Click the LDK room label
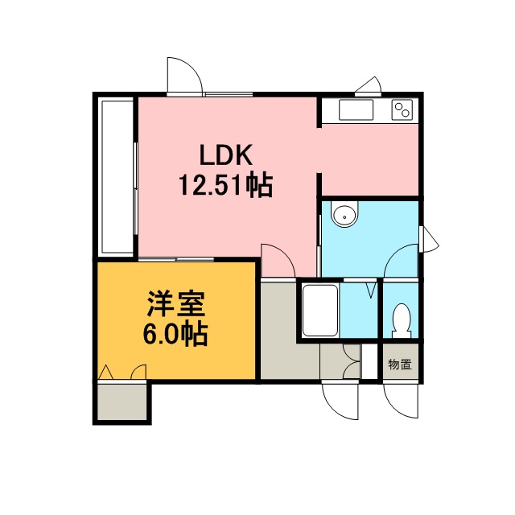(x=226, y=154)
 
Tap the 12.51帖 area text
(x=225, y=186)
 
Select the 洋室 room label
(x=175, y=304)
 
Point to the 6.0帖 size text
(x=175, y=334)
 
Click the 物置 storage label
(x=400, y=365)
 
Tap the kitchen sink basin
(x=356, y=109)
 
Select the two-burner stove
(x=402, y=109)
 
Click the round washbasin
(x=344, y=216)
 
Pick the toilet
(x=402, y=321)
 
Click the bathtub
(x=320, y=311)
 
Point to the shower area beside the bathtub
(x=359, y=311)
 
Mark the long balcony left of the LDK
(x=117, y=177)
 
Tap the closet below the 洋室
(x=122, y=402)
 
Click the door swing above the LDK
(x=184, y=76)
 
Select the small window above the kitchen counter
(x=369, y=86)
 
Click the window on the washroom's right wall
(x=429, y=239)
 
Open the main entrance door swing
(x=340, y=402)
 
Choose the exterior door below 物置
(x=401, y=401)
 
